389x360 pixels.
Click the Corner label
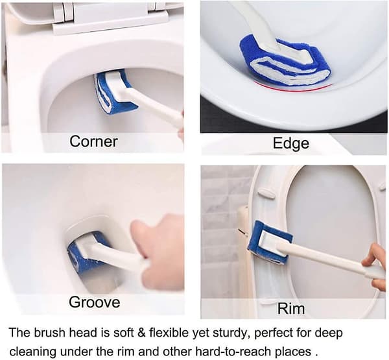pyautogui.click(x=93, y=141)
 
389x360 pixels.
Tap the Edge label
pyautogui.click(x=291, y=143)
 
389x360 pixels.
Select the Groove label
pyautogui.click(x=94, y=302)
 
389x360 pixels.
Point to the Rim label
pyautogui.click(x=290, y=309)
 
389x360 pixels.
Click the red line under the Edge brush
pyautogui.click(x=293, y=88)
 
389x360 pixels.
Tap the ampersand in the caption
pyautogui.click(x=141, y=333)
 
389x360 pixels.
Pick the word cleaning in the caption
pyautogui.click(x=33, y=352)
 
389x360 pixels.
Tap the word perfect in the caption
pyautogui.click(x=273, y=333)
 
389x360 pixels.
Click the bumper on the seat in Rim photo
pyautogui.click(x=266, y=193)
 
